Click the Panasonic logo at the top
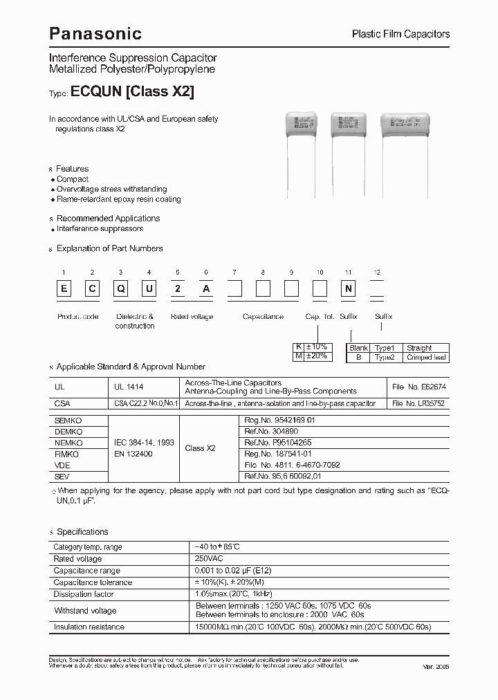point(95,33)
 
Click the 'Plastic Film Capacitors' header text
point(401,34)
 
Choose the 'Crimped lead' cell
point(427,358)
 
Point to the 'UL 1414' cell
point(129,387)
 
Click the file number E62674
point(419,387)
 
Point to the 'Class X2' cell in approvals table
point(201,448)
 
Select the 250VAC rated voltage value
point(210,558)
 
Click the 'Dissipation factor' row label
point(84,594)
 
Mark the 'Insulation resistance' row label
point(89,627)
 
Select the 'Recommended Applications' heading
point(108,218)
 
